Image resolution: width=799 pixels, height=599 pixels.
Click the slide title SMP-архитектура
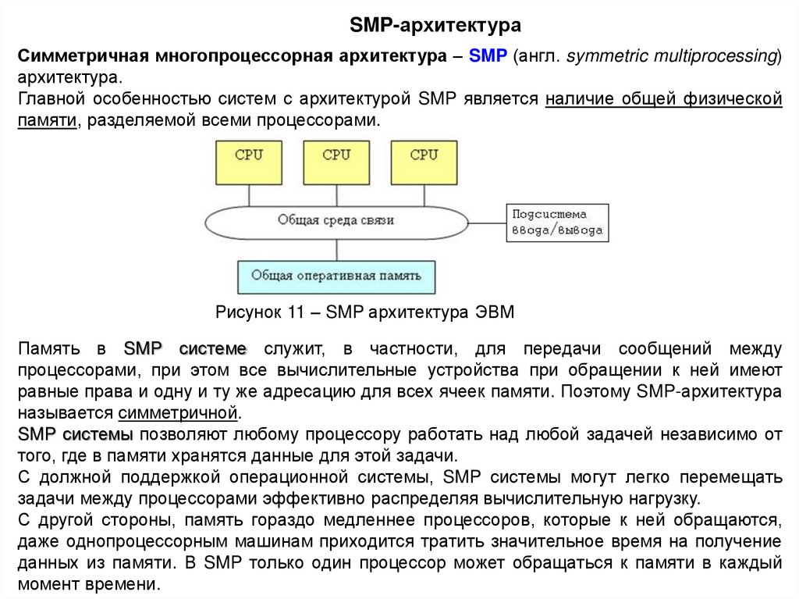tap(435, 27)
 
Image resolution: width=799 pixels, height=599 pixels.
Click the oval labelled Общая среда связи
tap(336, 221)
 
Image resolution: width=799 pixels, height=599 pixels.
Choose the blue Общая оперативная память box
tap(336, 276)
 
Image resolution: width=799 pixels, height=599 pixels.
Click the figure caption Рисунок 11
tap(364, 312)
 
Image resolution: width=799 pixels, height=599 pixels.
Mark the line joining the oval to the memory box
tap(336, 249)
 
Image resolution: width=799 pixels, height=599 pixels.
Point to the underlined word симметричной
tap(179, 412)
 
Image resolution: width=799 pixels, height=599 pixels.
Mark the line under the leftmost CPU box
tap(249, 194)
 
